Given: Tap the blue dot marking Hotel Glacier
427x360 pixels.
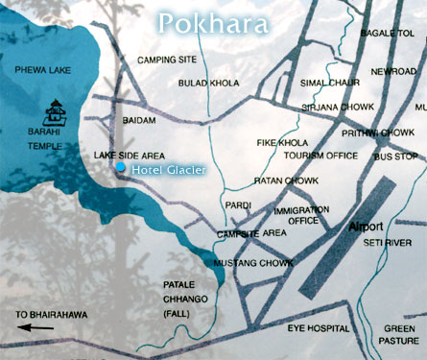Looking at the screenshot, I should [x=121, y=168].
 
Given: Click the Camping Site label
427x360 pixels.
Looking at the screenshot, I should [x=165, y=60].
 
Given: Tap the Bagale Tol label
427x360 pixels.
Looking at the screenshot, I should [x=387, y=33].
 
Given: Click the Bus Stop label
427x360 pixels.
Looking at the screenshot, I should [x=395, y=155].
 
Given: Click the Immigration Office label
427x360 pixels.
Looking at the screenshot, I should [x=296, y=214].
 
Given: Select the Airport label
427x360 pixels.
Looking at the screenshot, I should [x=365, y=226].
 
